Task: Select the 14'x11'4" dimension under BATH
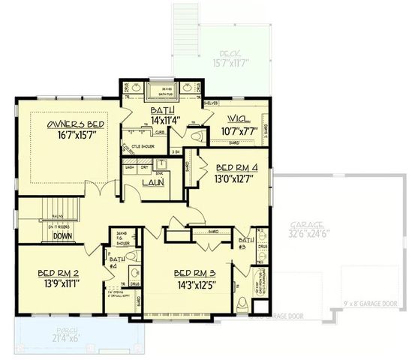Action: pyautogui.click(x=159, y=119)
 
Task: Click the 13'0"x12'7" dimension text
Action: pyautogui.click(x=236, y=178)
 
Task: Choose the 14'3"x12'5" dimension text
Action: pyautogui.click(x=194, y=284)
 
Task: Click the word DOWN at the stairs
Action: pyautogui.click(x=62, y=236)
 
